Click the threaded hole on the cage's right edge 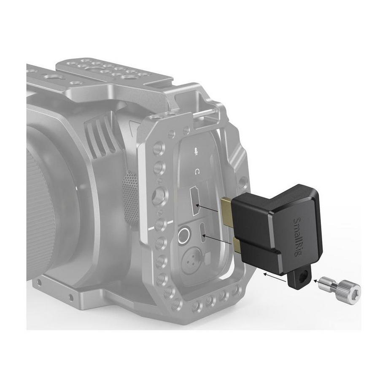point(242,182)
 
